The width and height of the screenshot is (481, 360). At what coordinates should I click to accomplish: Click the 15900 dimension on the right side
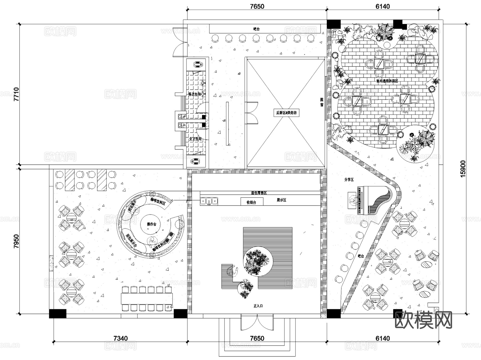463,168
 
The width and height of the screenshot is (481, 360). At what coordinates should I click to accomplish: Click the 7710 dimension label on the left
17,94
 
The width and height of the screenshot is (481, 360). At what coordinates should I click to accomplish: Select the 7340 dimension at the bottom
120,338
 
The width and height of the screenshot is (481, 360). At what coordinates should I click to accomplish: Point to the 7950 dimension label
17,241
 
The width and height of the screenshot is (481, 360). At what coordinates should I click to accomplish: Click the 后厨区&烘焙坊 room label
286,113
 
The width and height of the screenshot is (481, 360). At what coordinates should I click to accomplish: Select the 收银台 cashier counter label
251,202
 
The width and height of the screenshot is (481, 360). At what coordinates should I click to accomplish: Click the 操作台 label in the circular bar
152,224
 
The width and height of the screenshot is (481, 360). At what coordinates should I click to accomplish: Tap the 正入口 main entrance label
258,306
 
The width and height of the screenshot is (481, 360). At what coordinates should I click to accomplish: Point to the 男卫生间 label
195,94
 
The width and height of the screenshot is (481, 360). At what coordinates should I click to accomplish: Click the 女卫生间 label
195,139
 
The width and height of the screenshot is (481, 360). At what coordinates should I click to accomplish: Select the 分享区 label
349,180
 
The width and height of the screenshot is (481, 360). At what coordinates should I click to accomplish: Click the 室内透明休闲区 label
387,81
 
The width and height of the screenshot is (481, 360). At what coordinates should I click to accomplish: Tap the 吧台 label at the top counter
256,29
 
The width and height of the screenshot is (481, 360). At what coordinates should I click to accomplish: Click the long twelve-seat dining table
147,299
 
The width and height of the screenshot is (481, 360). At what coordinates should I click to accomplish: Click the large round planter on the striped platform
258,261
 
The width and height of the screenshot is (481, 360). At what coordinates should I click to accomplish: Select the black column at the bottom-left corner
57,313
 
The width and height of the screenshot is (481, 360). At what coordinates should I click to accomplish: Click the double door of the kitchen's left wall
252,113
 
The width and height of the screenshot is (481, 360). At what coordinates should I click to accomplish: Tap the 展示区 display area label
281,200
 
